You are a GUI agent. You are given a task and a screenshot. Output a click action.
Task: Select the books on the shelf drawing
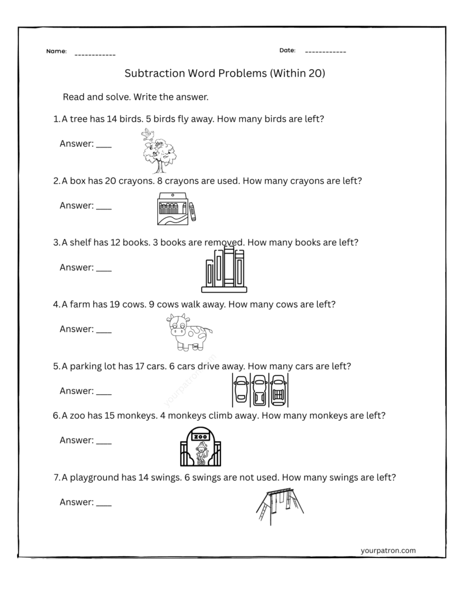click(x=223, y=270)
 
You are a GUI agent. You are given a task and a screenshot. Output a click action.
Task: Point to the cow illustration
click(x=188, y=332)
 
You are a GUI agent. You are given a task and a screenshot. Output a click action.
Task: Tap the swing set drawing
click(x=280, y=505)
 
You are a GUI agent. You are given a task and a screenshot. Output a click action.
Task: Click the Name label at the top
click(x=56, y=52)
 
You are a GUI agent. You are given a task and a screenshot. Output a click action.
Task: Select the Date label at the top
click(x=287, y=50)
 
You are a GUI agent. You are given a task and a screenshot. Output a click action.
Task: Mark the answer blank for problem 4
click(x=103, y=330)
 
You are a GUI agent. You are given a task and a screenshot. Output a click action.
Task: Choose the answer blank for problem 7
click(x=103, y=504)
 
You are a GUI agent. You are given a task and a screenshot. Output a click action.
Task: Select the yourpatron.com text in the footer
click(x=388, y=551)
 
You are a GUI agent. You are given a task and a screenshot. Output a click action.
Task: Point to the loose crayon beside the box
click(x=192, y=211)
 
